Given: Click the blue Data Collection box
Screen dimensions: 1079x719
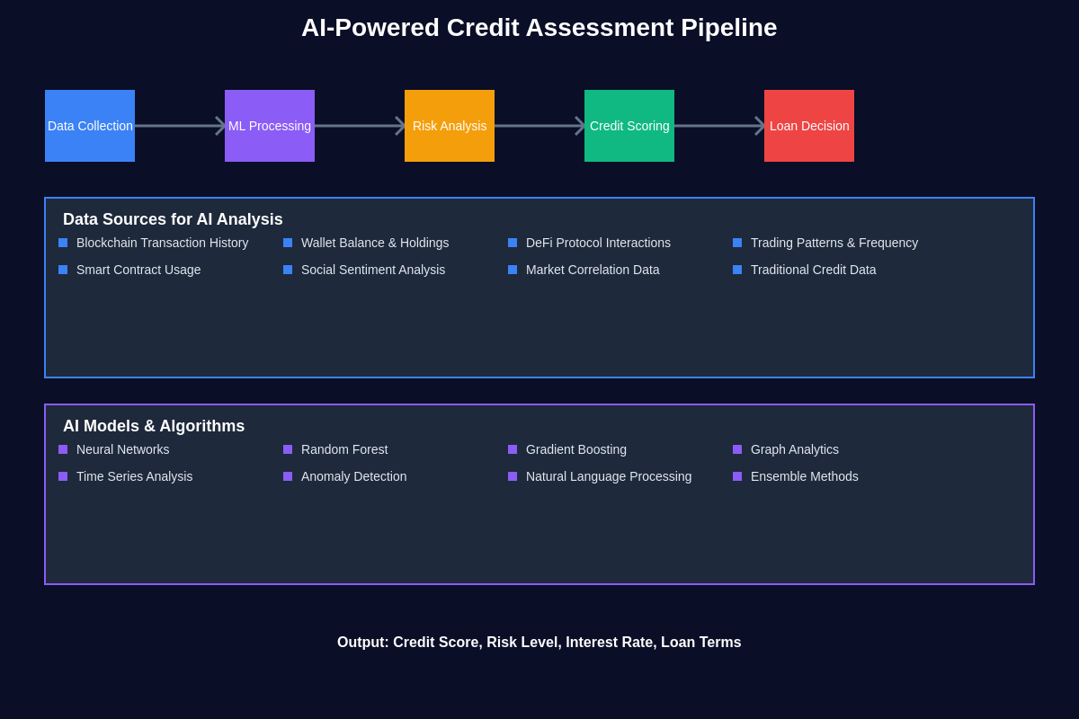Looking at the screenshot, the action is point(90,126).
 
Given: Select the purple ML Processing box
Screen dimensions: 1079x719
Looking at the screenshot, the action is point(270,126).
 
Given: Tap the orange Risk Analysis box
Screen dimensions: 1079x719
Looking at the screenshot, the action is point(450,126).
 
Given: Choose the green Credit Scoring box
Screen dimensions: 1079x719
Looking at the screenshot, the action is point(629,126).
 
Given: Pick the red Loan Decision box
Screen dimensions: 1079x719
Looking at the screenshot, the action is point(809,126).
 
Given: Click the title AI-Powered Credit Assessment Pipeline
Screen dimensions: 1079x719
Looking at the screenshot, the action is point(539,28).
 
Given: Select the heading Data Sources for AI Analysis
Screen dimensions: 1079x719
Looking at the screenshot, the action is point(173,219).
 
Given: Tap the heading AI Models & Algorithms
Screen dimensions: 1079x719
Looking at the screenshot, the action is point(154,426).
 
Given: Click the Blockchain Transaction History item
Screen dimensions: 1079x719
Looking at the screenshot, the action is point(162,243).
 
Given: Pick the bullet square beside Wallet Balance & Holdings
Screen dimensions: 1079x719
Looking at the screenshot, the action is point(288,243).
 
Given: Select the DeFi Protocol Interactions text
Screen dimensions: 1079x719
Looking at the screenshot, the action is point(598,243).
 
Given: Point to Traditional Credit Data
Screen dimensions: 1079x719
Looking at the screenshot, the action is point(813,270).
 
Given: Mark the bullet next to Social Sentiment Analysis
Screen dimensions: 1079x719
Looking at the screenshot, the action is point(288,270).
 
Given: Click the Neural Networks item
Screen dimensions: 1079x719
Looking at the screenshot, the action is point(122,449).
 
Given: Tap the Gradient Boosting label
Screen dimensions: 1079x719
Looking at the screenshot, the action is point(576,449).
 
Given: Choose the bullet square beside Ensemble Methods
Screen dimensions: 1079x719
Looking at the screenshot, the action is point(737,476).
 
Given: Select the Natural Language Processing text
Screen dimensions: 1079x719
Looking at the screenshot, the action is point(609,476).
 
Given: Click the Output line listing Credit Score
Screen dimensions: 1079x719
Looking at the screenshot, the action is point(539,643).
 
